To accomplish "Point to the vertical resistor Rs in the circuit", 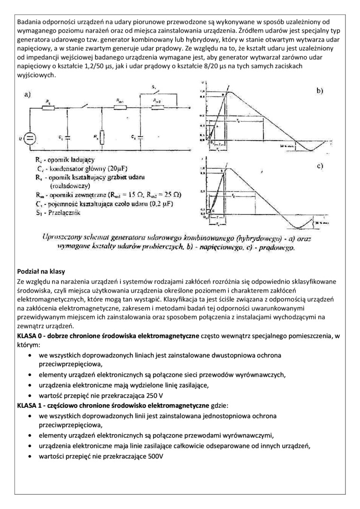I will coord(102,137).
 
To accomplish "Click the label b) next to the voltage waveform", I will coord(320,91).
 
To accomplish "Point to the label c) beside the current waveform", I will coord(320,166).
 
